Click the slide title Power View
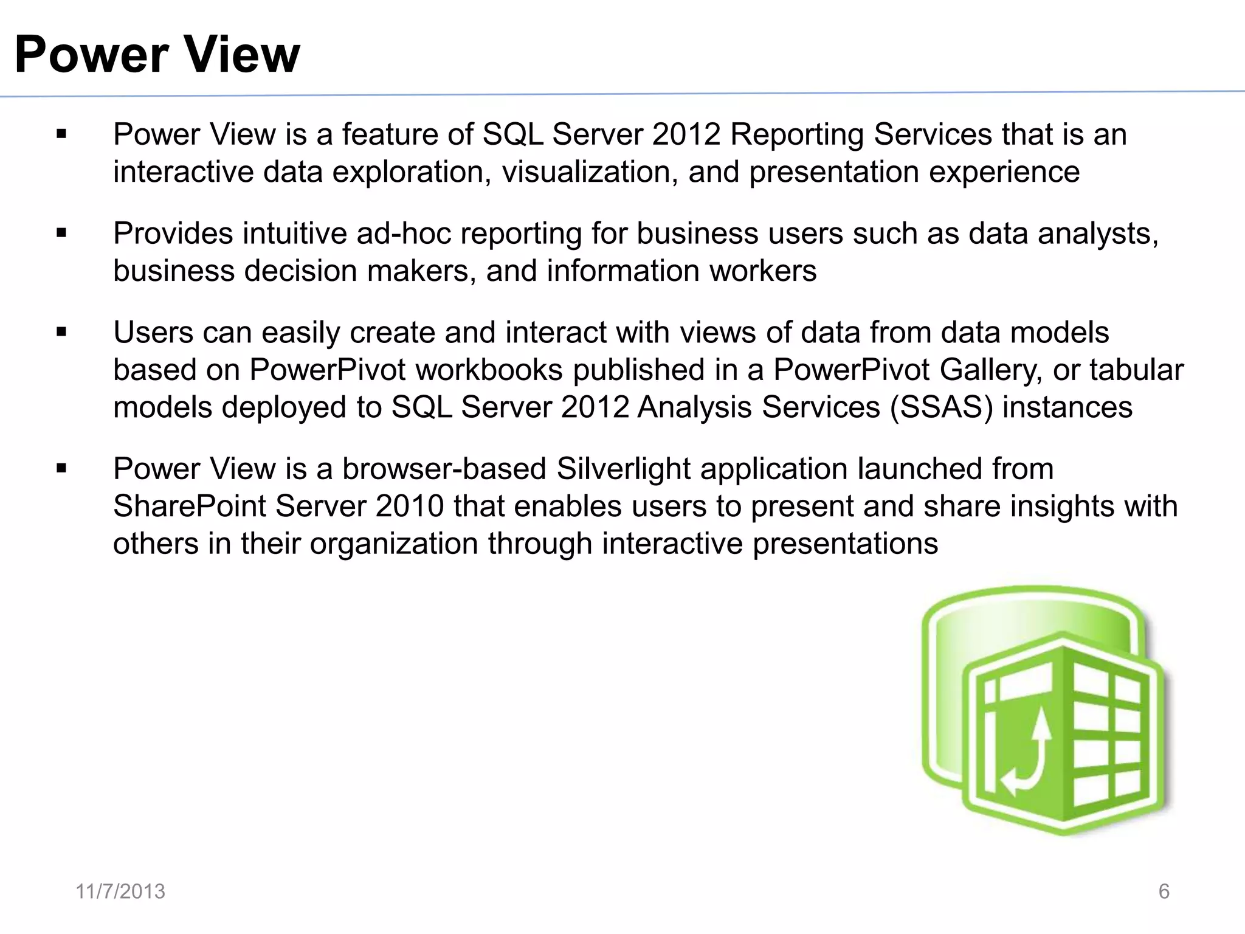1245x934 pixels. point(157,55)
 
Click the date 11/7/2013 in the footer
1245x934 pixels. point(120,891)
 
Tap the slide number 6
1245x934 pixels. point(1164,891)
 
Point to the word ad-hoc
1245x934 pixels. point(404,233)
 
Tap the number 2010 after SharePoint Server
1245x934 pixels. point(409,506)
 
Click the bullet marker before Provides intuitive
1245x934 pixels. point(61,233)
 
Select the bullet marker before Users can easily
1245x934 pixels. point(61,333)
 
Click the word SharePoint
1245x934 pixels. point(189,506)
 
